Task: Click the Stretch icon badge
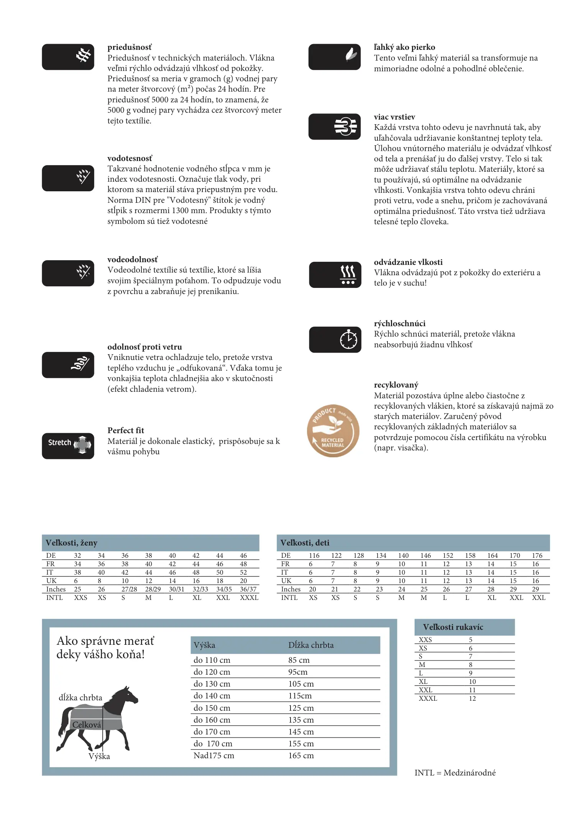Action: click(x=68, y=446)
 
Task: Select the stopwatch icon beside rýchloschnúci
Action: click(x=348, y=339)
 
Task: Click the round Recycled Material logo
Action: click(x=333, y=430)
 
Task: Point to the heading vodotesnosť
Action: click(x=130, y=158)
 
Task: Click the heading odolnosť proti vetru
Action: click(x=144, y=347)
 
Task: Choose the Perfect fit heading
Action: click(x=126, y=430)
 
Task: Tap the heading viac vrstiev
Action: click(x=394, y=117)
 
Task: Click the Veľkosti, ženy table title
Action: click(x=72, y=543)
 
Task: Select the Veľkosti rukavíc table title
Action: click(x=453, y=627)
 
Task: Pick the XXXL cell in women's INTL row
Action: click(x=249, y=598)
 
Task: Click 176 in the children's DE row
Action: click(x=537, y=555)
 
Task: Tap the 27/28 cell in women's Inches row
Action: click(x=129, y=589)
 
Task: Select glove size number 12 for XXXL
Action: click(x=472, y=698)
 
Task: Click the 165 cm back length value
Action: click(x=301, y=756)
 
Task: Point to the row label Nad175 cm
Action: click(x=213, y=756)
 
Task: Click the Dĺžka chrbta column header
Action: click(x=311, y=645)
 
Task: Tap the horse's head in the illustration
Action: click(x=128, y=695)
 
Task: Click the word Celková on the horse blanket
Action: click(x=87, y=724)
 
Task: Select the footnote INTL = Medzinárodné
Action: click(x=455, y=773)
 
